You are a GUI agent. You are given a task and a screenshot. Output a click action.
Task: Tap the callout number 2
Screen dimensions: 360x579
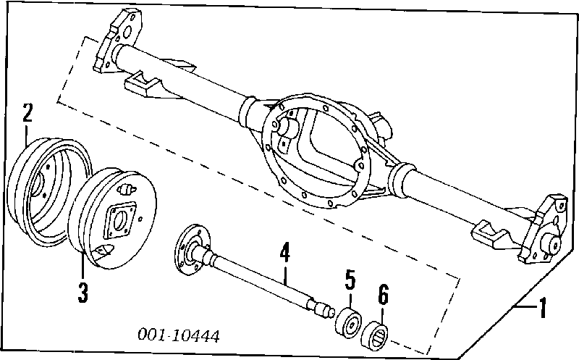coord(28,113)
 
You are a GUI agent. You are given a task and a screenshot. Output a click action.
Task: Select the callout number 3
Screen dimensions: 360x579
coord(83,292)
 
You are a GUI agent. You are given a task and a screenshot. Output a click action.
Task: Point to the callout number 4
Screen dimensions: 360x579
coord(285,254)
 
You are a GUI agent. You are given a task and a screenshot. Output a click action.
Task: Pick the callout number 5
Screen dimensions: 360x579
coord(350,281)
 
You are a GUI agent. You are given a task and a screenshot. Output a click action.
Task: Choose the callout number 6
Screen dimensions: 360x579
coord(384,295)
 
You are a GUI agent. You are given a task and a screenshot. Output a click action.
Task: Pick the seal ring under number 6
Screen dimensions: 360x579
coord(378,332)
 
